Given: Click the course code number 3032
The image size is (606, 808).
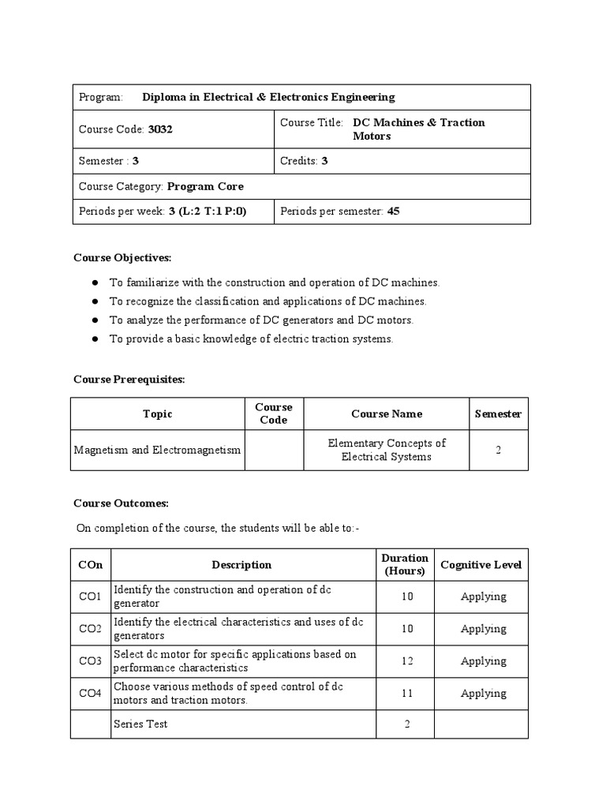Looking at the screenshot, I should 160,129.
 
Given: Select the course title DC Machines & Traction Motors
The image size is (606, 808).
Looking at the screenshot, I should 418,129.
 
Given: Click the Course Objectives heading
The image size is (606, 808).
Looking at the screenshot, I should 122,258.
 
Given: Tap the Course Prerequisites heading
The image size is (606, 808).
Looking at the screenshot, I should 129,380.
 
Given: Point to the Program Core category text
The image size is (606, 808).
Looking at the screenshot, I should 205,186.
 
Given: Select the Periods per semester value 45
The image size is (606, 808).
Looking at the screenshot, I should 393,211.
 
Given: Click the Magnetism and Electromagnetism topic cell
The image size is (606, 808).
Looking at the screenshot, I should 157,450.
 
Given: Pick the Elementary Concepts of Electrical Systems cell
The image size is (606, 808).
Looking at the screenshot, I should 387,450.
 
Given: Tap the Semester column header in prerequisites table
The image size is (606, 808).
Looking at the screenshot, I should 498,413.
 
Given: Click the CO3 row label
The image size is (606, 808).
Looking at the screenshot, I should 90,661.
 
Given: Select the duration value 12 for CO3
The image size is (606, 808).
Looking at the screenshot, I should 406,661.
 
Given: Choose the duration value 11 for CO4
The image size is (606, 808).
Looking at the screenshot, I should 406,694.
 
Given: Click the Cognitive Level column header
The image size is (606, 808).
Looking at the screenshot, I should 481,565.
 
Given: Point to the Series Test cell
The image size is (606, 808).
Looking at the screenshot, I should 140,724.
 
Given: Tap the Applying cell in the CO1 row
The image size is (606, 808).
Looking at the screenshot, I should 483,597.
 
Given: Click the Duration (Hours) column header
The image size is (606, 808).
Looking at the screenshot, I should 406,565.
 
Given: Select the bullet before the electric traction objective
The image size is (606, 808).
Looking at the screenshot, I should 95,339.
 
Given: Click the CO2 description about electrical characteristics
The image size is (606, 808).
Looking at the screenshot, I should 238,629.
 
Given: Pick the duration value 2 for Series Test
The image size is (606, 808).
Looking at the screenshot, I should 406,724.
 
